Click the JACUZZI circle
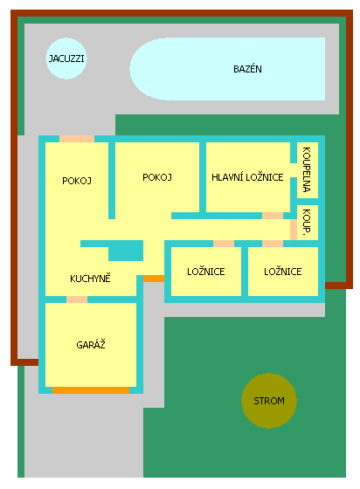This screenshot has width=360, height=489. (66, 59)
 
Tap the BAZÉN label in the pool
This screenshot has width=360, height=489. (247, 69)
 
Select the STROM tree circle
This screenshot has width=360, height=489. (269, 401)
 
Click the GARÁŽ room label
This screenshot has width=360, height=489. (91, 345)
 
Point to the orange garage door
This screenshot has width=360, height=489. (91, 390)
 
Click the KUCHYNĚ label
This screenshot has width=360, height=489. (90, 279)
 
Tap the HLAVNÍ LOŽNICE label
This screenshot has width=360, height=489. (247, 177)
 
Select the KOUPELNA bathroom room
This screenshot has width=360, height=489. (308, 170)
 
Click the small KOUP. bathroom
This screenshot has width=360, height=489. (308, 223)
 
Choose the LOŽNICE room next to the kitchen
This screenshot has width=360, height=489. (206, 272)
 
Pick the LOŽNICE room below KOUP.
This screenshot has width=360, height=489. (283, 272)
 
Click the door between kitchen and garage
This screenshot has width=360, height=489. (77, 300)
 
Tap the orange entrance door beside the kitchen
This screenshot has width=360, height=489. (154, 279)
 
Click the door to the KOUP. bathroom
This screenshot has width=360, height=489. (294, 230)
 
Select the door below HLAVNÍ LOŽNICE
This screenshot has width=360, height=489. (273, 216)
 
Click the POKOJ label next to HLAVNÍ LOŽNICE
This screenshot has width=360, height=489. (157, 177)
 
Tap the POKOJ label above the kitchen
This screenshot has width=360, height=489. (77, 181)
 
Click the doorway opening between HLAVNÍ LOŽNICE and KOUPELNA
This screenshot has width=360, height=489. (294, 170)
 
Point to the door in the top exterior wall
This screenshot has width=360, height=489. (77, 139)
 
